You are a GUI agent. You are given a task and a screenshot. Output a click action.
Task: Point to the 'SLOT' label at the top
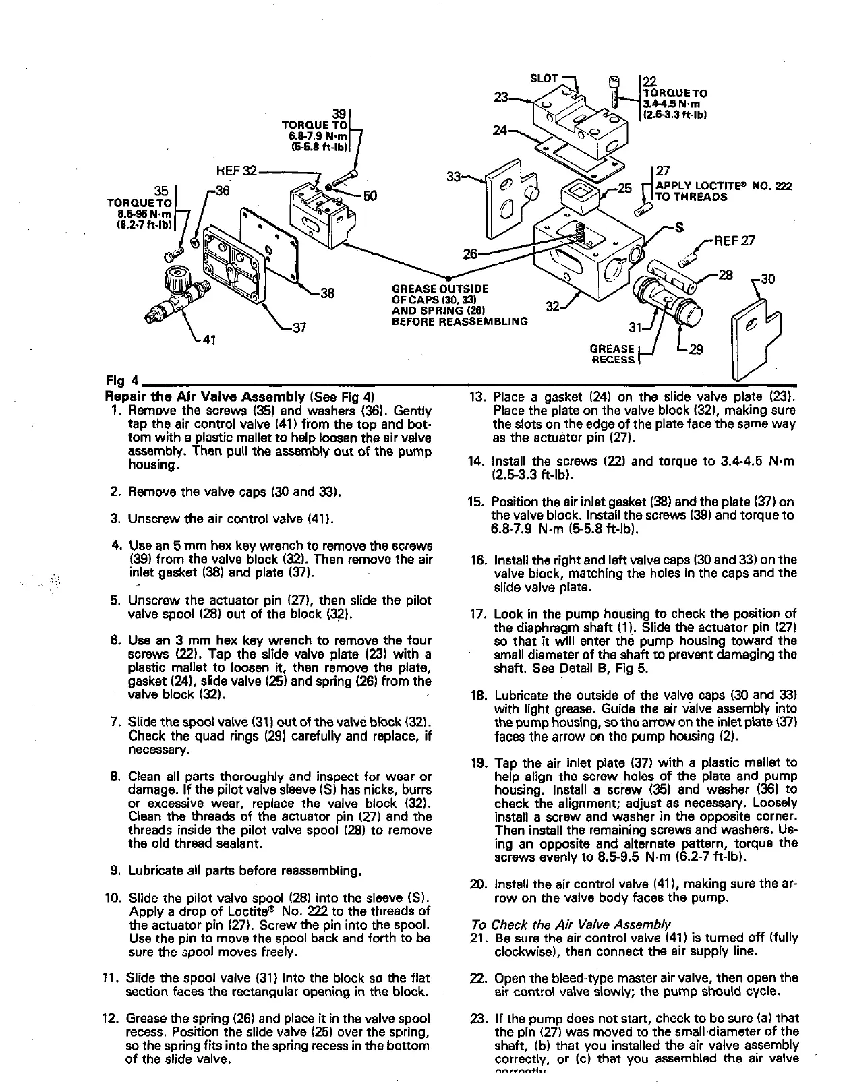[x=544, y=78]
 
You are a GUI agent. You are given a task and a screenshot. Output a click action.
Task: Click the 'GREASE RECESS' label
[x=612, y=355]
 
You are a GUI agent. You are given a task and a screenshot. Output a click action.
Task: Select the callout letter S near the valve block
[x=680, y=227]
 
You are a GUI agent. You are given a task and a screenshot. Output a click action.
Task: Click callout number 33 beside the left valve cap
[x=454, y=177]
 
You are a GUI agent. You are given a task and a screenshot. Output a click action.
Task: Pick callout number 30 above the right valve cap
[x=766, y=278]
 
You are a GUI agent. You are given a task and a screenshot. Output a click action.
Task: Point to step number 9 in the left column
[x=115, y=870]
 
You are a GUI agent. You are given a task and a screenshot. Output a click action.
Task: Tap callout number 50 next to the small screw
[x=370, y=196]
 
